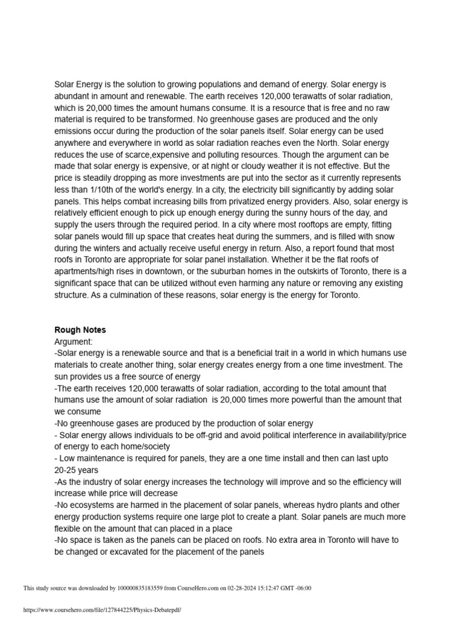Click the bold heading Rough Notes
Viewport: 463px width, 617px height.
tap(80, 330)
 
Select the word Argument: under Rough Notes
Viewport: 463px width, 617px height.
tap(74, 342)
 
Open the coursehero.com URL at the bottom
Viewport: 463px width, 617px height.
tap(102, 610)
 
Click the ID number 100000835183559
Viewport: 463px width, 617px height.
tap(142, 588)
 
